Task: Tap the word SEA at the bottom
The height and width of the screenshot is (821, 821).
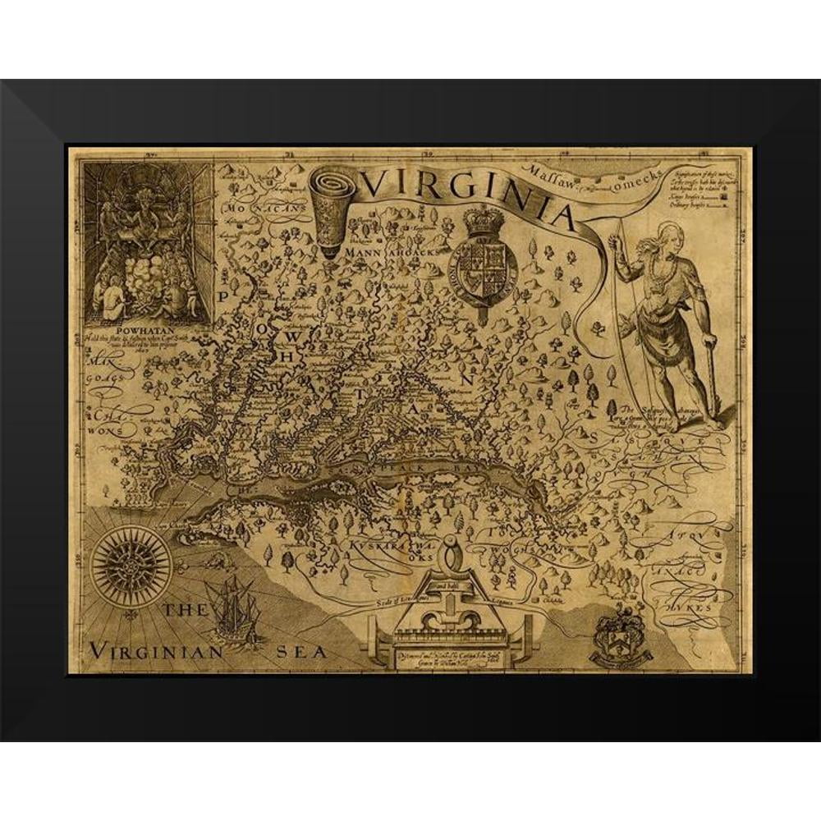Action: (303, 653)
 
